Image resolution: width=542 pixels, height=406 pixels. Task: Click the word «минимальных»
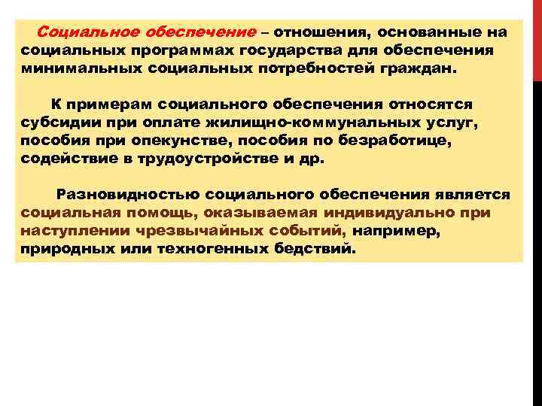click(x=65, y=68)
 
